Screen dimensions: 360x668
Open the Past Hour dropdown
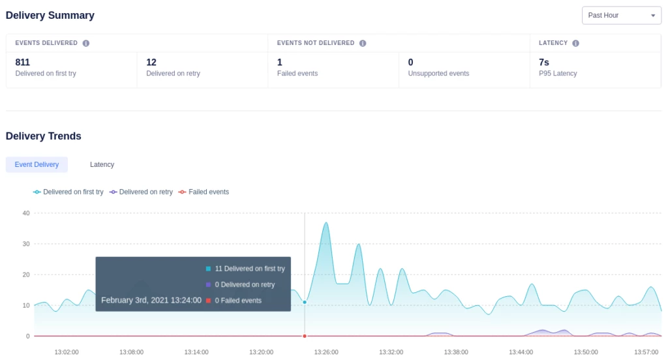pyautogui.click(x=621, y=15)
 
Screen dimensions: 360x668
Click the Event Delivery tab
pyautogui.click(x=37, y=164)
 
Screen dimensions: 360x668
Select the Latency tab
pyautogui.click(x=102, y=164)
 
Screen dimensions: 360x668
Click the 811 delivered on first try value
pyautogui.click(x=23, y=63)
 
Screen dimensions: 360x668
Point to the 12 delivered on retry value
pyautogui.click(x=151, y=63)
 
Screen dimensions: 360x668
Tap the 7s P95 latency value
pyautogui.click(x=544, y=63)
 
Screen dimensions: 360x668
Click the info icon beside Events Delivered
pyautogui.click(x=86, y=43)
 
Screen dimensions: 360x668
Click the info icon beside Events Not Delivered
pyautogui.click(x=363, y=43)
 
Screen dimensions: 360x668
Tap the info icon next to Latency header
pyautogui.click(x=575, y=43)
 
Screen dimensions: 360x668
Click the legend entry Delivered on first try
pyautogui.click(x=68, y=192)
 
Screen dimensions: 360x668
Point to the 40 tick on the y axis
pyautogui.click(x=26, y=213)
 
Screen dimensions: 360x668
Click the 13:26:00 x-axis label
pyautogui.click(x=326, y=352)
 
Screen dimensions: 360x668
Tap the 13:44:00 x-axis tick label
pyautogui.click(x=521, y=352)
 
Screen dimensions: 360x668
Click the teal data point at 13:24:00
pyautogui.click(x=305, y=302)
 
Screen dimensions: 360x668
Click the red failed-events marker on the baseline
pyautogui.click(x=305, y=336)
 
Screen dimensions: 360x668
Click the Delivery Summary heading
pyautogui.click(x=50, y=15)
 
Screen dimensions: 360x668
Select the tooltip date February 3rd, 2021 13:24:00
pyautogui.click(x=151, y=301)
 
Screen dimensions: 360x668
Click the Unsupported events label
pyautogui.click(x=438, y=74)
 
